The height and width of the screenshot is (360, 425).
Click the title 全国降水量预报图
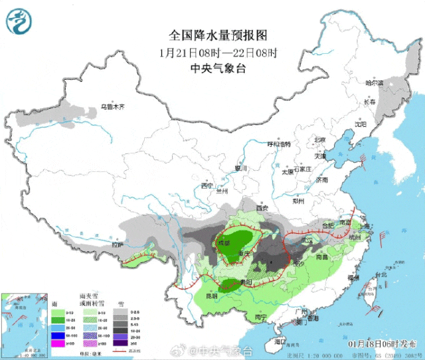[212, 35]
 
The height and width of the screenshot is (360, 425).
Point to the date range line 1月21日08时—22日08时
[212, 52]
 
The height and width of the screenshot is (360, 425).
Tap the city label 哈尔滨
[375, 83]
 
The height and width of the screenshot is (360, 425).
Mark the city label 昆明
[212, 296]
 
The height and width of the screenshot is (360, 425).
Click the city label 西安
[262, 209]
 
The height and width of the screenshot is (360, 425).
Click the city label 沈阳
[361, 124]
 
